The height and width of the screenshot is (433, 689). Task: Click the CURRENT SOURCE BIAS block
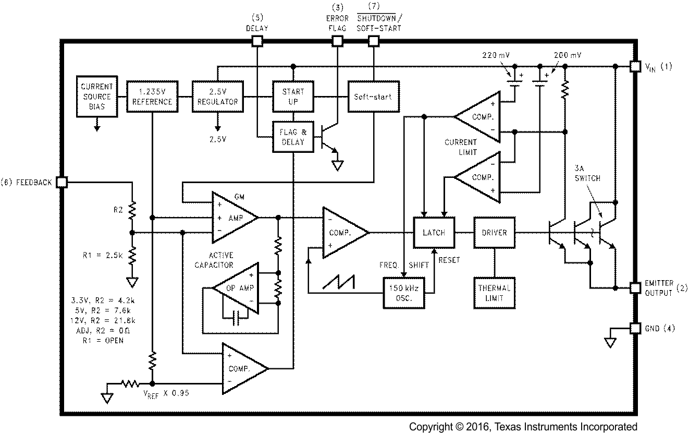(x=96, y=97)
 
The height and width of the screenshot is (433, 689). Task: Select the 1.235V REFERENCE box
(x=152, y=97)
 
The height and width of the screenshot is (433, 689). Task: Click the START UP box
(x=293, y=97)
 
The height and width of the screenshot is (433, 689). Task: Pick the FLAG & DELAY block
(x=293, y=137)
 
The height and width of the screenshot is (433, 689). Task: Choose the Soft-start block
(x=373, y=97)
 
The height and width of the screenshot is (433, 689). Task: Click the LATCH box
(x=434, y=232)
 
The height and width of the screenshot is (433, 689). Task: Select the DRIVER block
(x=494, y=232)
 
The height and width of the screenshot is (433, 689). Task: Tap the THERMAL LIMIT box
(x=494, y=293)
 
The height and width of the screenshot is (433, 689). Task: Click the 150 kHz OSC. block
(x=404, y=293)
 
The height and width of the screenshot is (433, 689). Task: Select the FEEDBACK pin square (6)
(x=61, y=182)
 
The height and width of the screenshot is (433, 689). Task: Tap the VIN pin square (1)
(x=635, y=66)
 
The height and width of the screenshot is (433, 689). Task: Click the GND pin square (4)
(x=635, y=328)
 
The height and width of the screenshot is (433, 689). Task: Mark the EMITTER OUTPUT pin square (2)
(x=635, y=287)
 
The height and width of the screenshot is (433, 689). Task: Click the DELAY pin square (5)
(x=257, y=41)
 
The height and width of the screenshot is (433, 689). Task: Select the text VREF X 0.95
(x=166, y=394)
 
